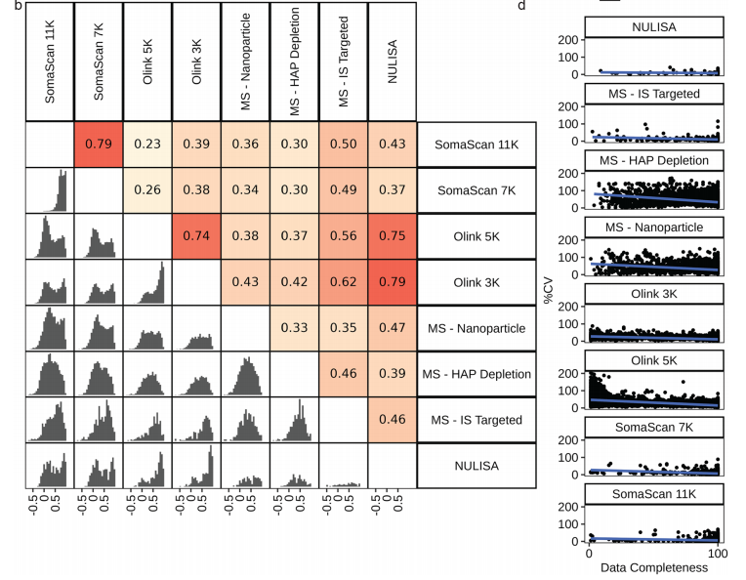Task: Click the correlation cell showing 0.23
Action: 147,144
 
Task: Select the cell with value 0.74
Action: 196,235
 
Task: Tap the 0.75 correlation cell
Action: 392,235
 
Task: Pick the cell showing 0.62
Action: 343,281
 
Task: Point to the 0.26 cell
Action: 147,189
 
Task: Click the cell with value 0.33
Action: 294,328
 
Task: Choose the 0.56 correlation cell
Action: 343,235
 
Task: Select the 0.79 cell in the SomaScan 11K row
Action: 99,144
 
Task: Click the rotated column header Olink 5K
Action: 147,61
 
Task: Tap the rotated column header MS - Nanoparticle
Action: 245,61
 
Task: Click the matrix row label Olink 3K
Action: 477,281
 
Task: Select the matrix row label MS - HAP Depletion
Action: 477,374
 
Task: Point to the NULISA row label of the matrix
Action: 477,466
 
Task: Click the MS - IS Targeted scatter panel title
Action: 653,94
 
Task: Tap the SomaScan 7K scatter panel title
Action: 653,427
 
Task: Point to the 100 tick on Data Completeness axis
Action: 718,554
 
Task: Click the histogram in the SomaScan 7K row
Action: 50,189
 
